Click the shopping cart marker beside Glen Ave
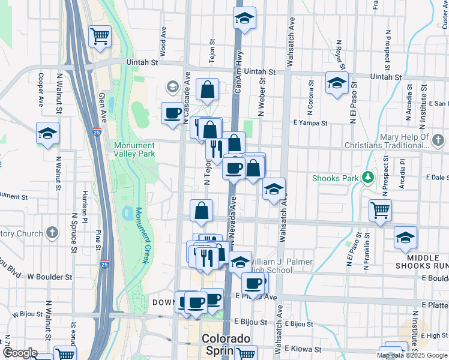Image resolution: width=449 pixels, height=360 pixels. point(100,35)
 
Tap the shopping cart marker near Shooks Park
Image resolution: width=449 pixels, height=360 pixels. point(380,210)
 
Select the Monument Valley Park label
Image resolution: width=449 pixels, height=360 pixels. point(134,149)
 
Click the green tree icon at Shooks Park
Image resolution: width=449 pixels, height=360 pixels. point(364,178)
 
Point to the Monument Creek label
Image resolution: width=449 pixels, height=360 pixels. point(142,235)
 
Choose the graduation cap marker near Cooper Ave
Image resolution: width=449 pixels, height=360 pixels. point(47,133)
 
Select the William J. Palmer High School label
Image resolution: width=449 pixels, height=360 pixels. point(270,266)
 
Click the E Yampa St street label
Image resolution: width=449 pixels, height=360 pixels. point(310,123)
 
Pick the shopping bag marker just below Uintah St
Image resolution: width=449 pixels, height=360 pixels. point(207,90)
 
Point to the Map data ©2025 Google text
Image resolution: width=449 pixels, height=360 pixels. point(412,355)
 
